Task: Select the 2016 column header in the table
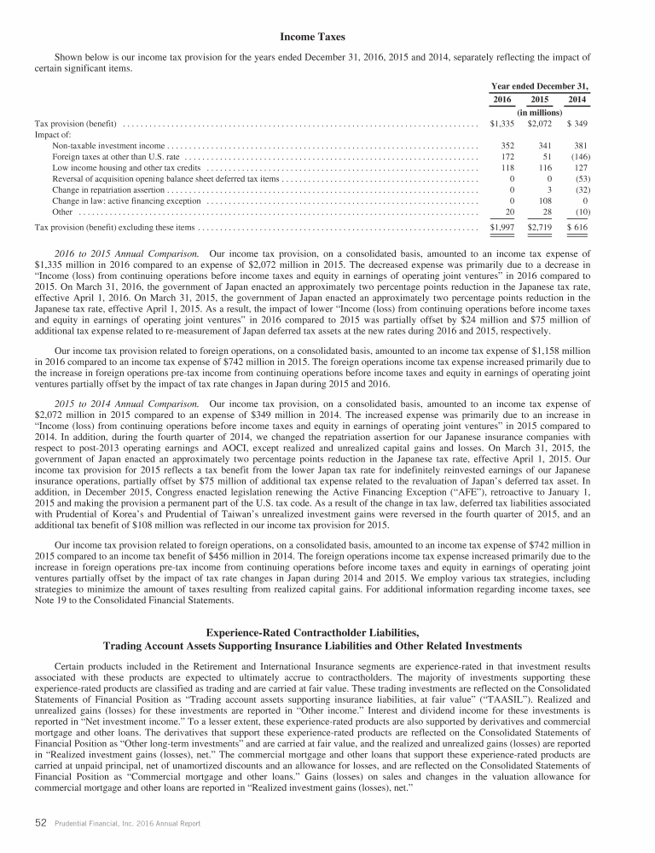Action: [505, 101]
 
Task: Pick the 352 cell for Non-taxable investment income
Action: [509, 146]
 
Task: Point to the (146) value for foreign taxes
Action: [577, 158]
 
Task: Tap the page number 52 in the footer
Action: [40, 827]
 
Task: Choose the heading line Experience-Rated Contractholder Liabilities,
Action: [327, 631]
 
